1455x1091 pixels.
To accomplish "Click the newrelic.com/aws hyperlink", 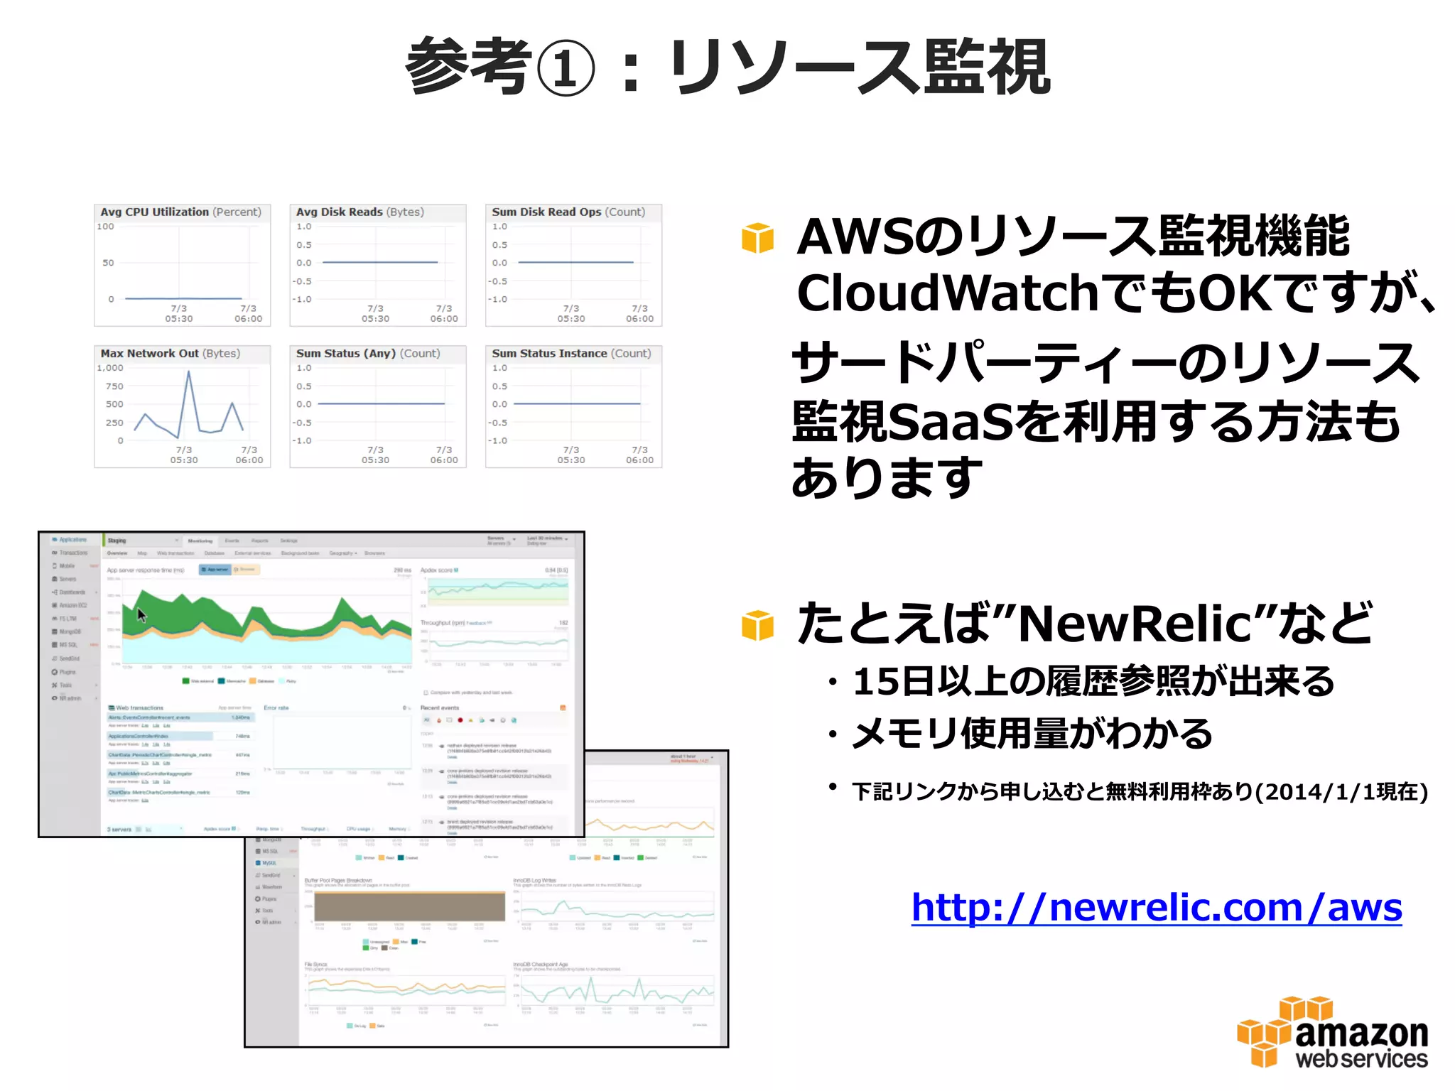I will click(1157, 908).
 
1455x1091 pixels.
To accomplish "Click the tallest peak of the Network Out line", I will click(189, 372).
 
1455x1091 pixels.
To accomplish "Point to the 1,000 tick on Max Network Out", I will click(110, 368).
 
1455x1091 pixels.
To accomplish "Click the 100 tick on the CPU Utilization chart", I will click(105, 227).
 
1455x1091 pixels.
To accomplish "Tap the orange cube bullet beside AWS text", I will click(757, 238).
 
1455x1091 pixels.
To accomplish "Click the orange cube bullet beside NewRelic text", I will click(757, 625).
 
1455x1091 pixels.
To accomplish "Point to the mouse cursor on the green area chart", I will click(141, 615).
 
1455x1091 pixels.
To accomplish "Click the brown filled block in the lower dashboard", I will click(409, 906).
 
